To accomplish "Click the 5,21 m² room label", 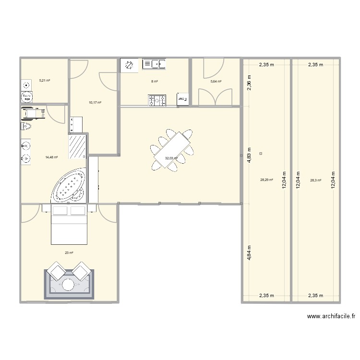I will (45, 80).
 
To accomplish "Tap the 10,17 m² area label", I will (95, 102).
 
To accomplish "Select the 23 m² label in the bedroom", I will (69, 252).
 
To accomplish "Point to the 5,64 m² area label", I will (216, 82).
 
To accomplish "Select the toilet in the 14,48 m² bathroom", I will (26, 126).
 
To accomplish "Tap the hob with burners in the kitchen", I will (157, 100).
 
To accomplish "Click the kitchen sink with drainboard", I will (154, 64).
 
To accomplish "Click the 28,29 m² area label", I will (266, 180).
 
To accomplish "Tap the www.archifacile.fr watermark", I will (331, 316).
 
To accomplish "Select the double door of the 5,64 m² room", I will (216, 97).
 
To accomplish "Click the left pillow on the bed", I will (60, 210).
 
